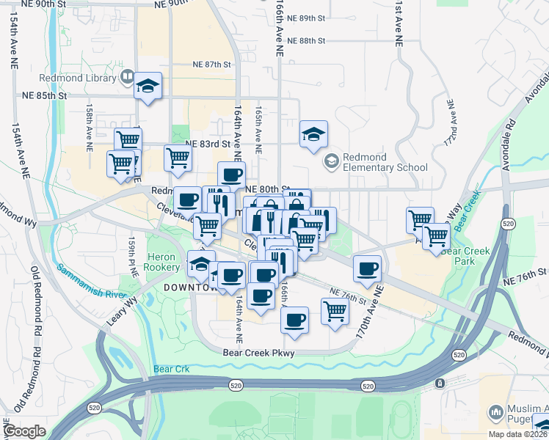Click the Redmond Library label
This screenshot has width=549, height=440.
click(80, 78)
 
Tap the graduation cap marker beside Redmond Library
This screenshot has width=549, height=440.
click(148, 87)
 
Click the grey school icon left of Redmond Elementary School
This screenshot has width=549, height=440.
click(332, 158)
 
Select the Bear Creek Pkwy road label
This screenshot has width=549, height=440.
click(258, 353)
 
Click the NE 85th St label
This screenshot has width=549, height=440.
click(44, 95)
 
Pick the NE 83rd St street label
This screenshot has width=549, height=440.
click(203, 144)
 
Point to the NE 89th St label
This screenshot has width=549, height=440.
click(306, 18)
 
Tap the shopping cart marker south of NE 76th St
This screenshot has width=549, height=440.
click(335, 310)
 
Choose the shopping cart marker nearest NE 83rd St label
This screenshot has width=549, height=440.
click(178, 156)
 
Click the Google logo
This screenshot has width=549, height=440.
click(24, 431)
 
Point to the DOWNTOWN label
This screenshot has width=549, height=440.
click(189, 287)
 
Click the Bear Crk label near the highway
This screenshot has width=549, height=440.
click(172, 369)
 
